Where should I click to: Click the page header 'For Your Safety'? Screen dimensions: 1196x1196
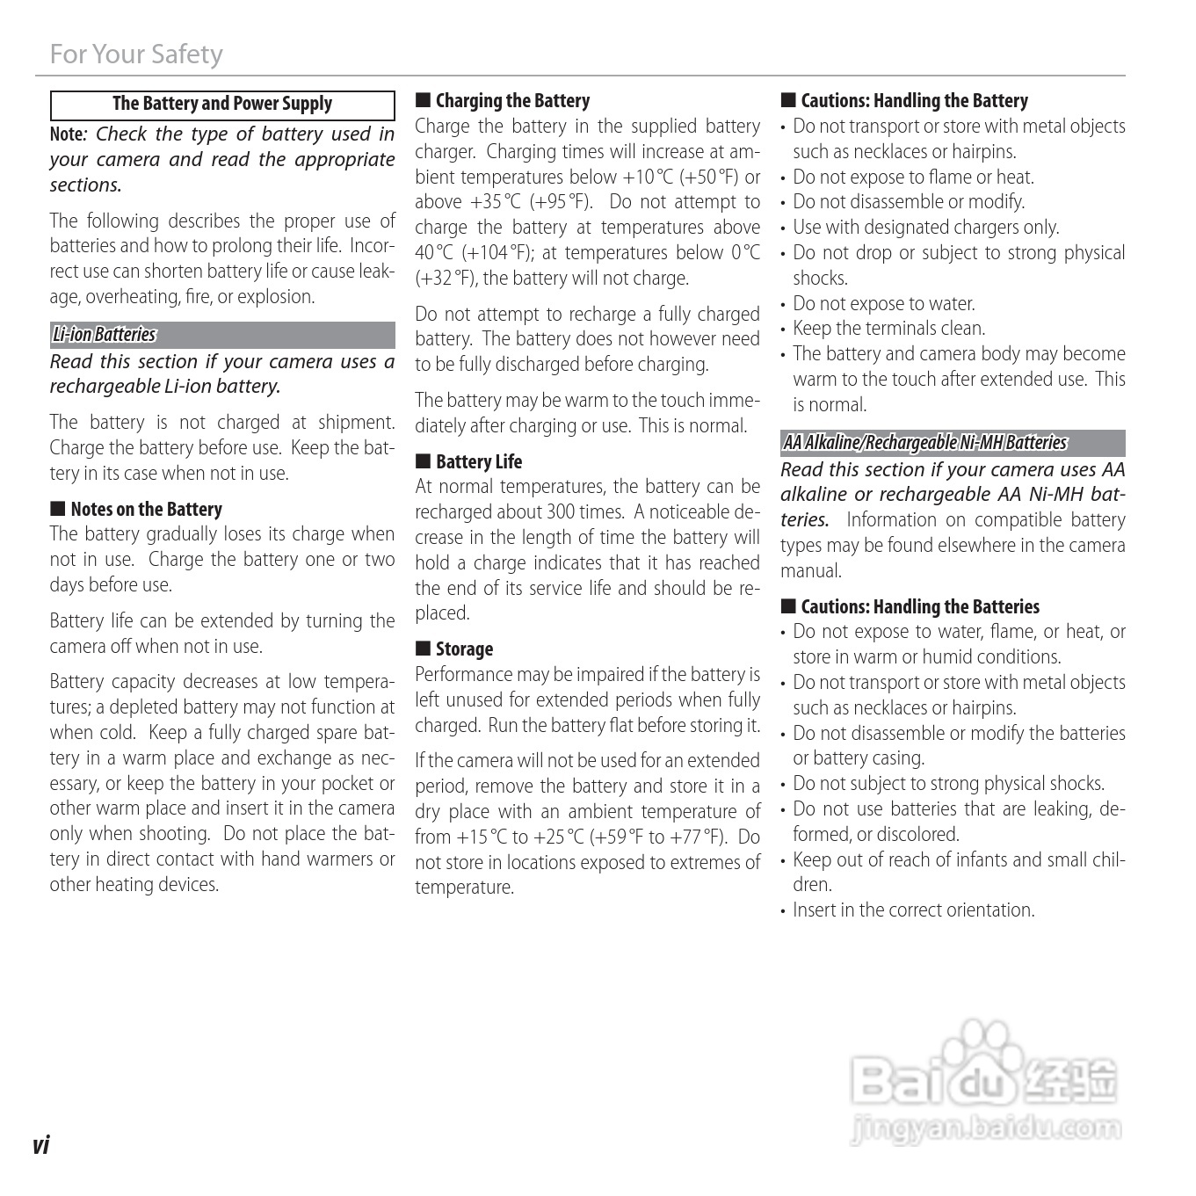coord(136,54)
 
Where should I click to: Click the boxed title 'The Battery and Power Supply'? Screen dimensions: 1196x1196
coord(222,105)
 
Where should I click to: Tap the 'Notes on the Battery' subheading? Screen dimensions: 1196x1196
coord(146,510)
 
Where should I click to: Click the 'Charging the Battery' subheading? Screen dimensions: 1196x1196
coord(512,101)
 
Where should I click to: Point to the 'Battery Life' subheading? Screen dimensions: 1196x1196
coord(478,462)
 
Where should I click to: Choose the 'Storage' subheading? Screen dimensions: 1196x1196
coord(464,649)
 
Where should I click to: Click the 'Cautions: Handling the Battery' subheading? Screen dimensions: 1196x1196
coord(914,101)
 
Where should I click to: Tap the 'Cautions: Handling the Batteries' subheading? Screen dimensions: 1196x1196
coord(919,607)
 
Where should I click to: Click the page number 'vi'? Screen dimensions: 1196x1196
coord(40,1145)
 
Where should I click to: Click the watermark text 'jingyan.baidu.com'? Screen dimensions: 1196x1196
coord(987,1127)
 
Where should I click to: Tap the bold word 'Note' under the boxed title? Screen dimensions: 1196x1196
coord(66,134)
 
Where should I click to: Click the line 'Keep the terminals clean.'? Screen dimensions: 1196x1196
coord(888,329)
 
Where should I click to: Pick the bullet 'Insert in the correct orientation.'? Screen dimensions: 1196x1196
coord(913,910)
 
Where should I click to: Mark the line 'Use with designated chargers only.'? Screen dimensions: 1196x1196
coord(925,228)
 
